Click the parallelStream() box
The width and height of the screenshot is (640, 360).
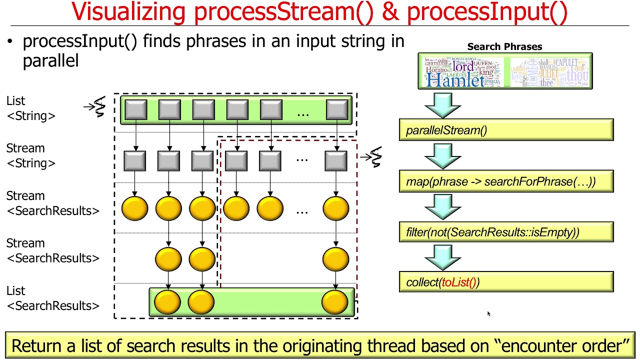505,130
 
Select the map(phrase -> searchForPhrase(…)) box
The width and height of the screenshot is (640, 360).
505,181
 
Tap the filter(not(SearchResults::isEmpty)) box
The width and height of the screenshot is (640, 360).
505,232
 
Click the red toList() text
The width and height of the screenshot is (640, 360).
458,282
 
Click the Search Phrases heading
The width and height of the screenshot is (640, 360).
504,46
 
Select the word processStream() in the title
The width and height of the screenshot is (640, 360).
283,12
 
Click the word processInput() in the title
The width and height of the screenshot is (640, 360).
487,12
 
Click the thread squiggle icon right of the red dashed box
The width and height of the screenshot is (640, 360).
375,157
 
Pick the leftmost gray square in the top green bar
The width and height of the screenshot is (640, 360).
136,110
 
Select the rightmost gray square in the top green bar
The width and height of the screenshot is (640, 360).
336,110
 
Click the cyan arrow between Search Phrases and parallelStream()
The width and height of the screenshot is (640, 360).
442,104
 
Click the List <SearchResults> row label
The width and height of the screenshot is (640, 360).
52,298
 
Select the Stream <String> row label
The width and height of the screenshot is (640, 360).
31,155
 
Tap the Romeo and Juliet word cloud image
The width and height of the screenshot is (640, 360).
549,72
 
